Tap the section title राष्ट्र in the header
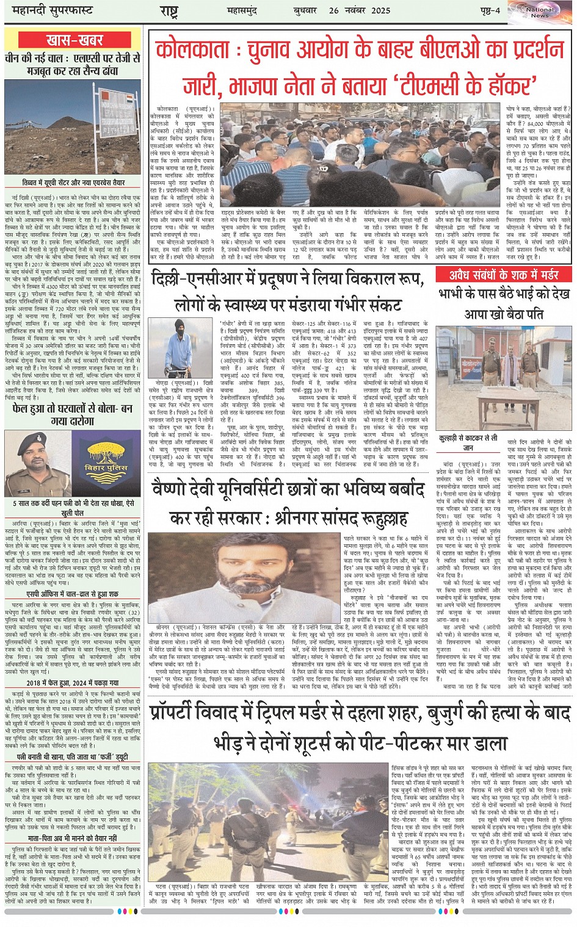(x=169, y=11)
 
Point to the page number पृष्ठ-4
(x=489, y=10)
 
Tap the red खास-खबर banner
(x=74, y=41)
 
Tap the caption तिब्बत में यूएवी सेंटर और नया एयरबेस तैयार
(x=73, y=182)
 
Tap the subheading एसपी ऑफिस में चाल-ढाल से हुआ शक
(x=73, y=593)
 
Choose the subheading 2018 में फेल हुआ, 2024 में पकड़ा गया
(x=73, y=682)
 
